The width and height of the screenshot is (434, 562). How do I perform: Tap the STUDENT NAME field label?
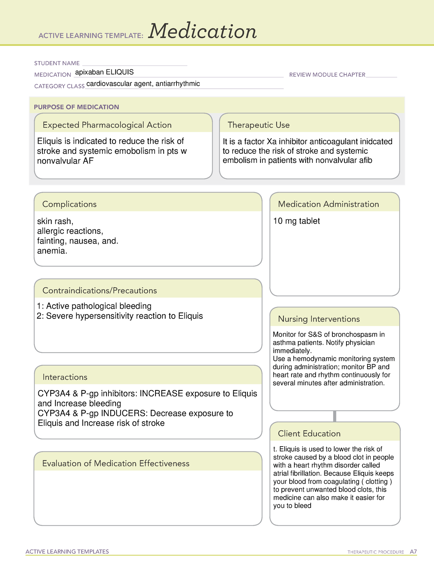(x=57, y=63)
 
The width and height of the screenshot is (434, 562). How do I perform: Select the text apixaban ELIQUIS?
(x=104, y=72)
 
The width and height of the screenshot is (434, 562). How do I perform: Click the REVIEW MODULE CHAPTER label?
(x=327, y=75)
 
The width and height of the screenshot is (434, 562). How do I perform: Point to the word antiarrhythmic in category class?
(x=178, y=84)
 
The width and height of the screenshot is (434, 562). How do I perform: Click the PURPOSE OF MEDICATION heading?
(x=76, y=107)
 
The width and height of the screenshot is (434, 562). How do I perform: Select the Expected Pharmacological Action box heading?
(x=107, y=125)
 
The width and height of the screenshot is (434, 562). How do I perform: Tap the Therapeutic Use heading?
(x=259, y=125)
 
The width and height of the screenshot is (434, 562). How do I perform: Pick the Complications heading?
(x=69, y=204)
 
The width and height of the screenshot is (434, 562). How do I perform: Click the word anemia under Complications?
(x=51, y=251)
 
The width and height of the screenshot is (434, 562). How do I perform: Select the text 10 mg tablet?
(x=297, y=221)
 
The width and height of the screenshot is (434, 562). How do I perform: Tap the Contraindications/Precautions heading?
(x=99, y=291)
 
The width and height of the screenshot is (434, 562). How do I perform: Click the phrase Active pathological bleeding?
(x=99, y=306)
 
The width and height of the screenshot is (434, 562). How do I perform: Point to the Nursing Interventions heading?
(x=319, y=319)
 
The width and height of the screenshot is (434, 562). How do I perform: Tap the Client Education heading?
(x=309, y=434)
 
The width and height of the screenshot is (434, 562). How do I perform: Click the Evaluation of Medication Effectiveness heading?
(x=116, y=464)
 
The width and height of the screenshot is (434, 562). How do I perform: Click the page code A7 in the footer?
(x=413, y=552)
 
